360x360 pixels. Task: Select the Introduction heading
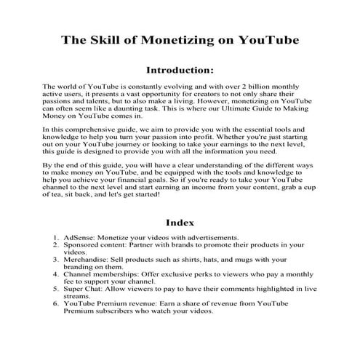(180, 71)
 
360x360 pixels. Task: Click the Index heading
(180, 223)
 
